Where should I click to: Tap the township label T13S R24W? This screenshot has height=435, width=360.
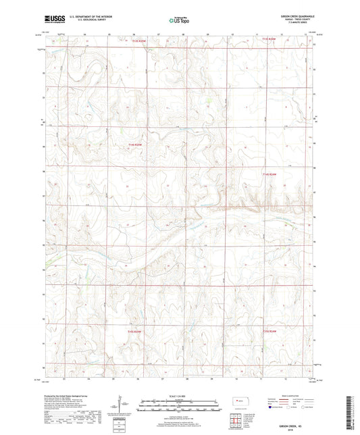pyautogui.click(x=269, y=40)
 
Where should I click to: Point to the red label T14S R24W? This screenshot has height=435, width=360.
pyautogui.click(x=269, y=174)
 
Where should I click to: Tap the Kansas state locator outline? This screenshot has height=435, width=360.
pyautogui.click(x=238, y=402)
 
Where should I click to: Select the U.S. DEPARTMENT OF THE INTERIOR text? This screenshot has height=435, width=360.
pyautogui.click(x=86, y=18)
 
